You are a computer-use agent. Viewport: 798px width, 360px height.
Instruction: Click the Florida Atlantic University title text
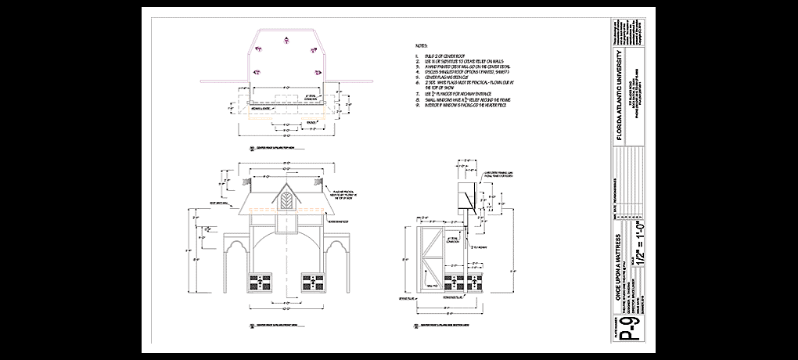point(621,94)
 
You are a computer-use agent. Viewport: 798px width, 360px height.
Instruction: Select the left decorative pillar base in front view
point(259,283)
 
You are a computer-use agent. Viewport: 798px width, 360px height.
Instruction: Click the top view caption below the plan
point(271,146)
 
